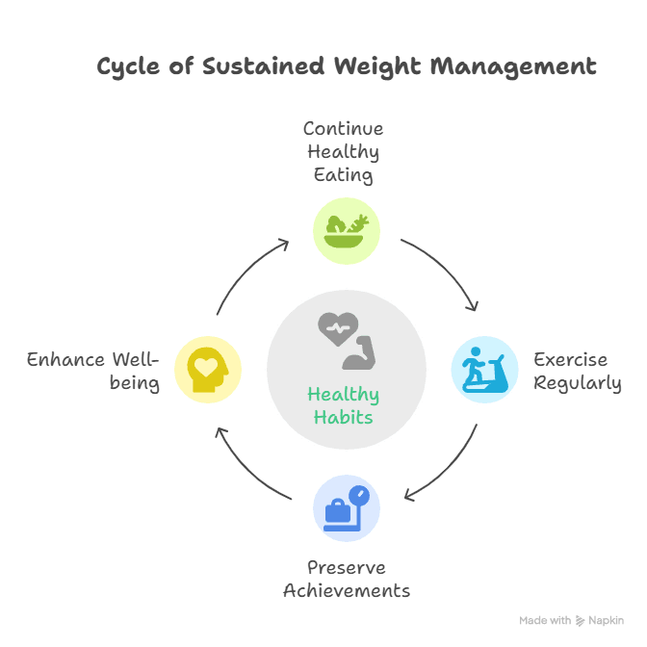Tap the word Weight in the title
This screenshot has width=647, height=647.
(x=377, y=66)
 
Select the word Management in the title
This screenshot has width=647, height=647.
(x=512, y=66)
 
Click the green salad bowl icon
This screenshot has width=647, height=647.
(x=347, y=230)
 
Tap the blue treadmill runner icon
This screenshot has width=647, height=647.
(x=484, y=370)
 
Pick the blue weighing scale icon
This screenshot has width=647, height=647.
(x=347, y=507)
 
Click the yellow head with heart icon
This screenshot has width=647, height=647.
(x=207, y=370)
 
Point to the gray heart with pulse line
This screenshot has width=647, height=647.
(x=338, y=329)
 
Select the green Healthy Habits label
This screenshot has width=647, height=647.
(x=344, y=405)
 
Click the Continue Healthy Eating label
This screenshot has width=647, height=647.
(x=343, y=151)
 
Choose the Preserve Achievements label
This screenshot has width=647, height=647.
(x=347, y=579)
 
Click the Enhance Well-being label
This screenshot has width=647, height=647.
(x=92, y=371)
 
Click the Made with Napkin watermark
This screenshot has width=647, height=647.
(x=571, y=621)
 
